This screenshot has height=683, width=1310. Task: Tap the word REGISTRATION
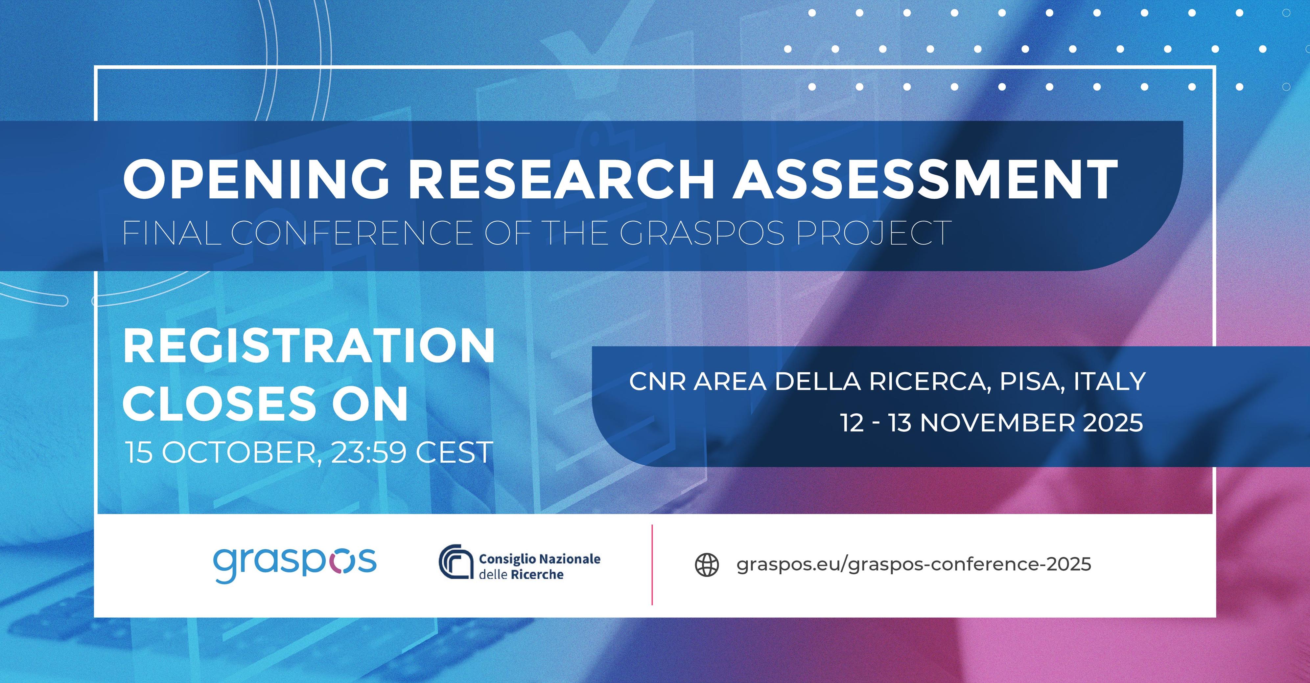(309, 345)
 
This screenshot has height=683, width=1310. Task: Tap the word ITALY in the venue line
(1109, 382)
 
